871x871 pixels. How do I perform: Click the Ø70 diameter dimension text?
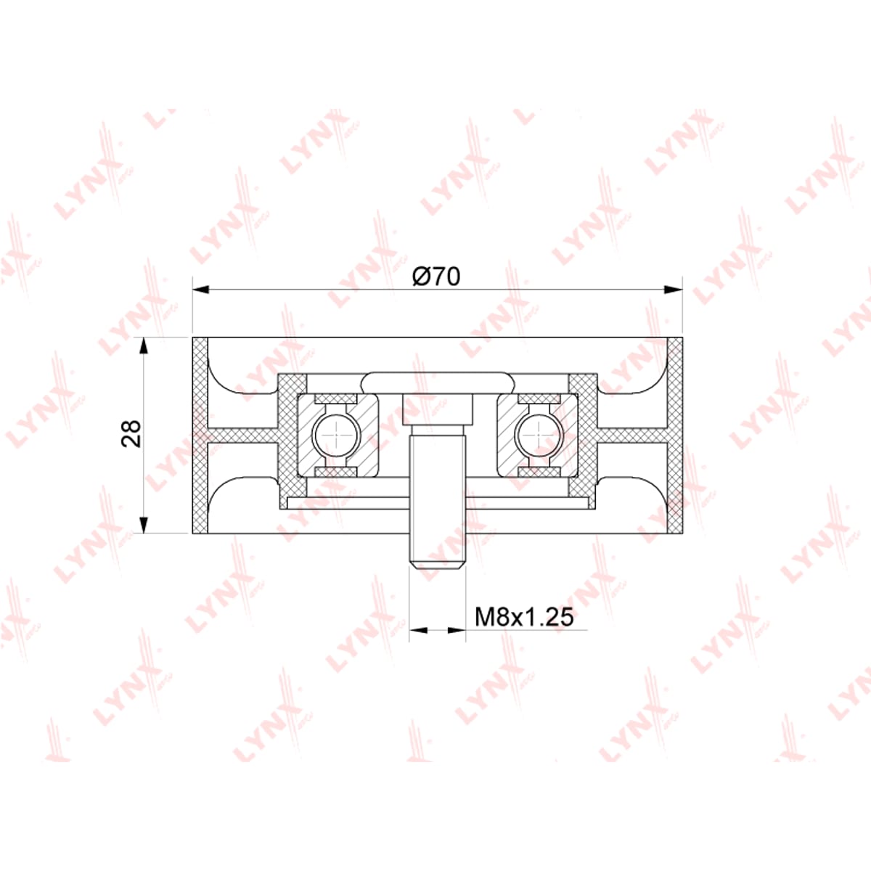click(437, 276)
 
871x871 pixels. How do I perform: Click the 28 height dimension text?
click(131, 434)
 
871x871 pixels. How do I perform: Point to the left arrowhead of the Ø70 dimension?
click(202, 290)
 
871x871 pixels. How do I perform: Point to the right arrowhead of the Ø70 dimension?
click(674, 290)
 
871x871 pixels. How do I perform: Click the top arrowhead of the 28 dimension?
click(144, 345)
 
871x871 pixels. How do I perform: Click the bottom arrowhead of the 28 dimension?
click(144, 524)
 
